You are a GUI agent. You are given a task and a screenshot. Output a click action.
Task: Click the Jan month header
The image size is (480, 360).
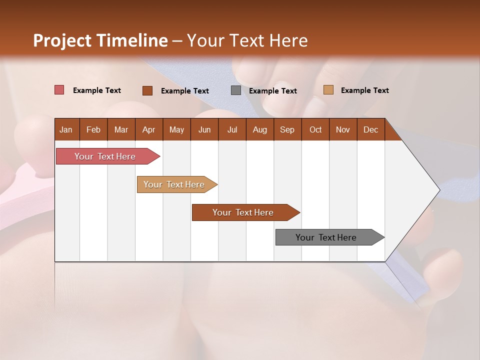pyautogui.click(x=66, y=130)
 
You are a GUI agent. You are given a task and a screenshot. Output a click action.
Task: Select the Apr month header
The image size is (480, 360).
pyautogui.click(x=149, y=130)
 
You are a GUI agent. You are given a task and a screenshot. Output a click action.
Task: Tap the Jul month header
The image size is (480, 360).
pyautogui.click(x=232, y=130)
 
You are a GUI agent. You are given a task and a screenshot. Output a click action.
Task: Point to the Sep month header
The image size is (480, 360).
pyautogui.click(x=287, y=130)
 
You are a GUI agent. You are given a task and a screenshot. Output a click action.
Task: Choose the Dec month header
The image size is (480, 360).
pyautogui.click(x=370, y=130)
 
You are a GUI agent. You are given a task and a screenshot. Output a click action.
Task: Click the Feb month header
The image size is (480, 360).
pyautogui.click(x=93, y=130)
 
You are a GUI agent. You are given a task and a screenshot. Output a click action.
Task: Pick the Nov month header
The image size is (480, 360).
pyautogui.click(x=342, y=130)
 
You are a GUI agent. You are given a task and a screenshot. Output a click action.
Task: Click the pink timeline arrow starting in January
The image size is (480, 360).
pyautogui.click(x=105, y=156)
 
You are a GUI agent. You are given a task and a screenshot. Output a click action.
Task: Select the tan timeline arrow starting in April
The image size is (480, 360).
pyautogui.click(x=174, y=184)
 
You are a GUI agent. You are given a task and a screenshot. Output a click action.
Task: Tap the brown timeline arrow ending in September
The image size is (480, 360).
pyautogui.click(x=243, y=212)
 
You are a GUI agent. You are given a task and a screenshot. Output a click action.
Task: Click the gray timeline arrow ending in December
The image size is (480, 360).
pyautogui.click(x=326, y=237)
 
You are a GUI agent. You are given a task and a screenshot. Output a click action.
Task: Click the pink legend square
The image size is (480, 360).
pyautogui.click(x=59, y=90)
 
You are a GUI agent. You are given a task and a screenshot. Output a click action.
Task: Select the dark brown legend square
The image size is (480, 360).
pyautogui.click(x=147, y=90)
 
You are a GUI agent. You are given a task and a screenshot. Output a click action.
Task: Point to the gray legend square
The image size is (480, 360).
pyautogui.click(x=236, y=90)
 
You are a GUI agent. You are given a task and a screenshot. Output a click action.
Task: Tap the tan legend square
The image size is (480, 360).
pyautogui.click(x=328, y=90)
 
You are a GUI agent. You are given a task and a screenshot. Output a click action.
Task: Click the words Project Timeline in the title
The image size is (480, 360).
pyautogui.click(x=100, y=40)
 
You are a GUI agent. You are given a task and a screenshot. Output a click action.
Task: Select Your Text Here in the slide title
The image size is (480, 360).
pyautogui.click(x=247, y=40)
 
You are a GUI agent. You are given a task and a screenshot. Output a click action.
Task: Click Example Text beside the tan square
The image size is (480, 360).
pyautogui.click(x=364, y=90)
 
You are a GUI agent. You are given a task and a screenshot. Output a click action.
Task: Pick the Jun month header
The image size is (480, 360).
pyautogui.click(x=204, y=130)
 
